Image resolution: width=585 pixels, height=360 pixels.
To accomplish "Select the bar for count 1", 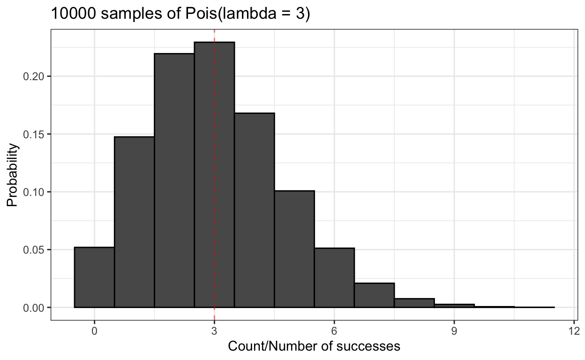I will point(134,222).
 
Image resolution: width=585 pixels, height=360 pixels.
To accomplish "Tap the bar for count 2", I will point(174,180).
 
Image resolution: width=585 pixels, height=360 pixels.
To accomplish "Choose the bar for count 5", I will point(294,249).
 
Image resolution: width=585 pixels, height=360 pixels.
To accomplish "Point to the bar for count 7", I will point(375,295).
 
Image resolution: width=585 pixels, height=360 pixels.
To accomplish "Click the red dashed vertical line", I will point(215,141).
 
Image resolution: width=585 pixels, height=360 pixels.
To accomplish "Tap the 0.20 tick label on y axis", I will point(31,76).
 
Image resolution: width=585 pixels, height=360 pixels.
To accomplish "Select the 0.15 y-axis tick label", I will point(31,134).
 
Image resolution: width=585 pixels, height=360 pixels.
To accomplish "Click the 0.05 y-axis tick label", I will point(31,250).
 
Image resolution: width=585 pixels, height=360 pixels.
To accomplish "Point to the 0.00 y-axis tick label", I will point(31,307).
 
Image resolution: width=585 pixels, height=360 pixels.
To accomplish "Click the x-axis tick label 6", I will point(334,330).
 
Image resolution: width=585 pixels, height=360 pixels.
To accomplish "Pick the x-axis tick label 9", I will point(454,330).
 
